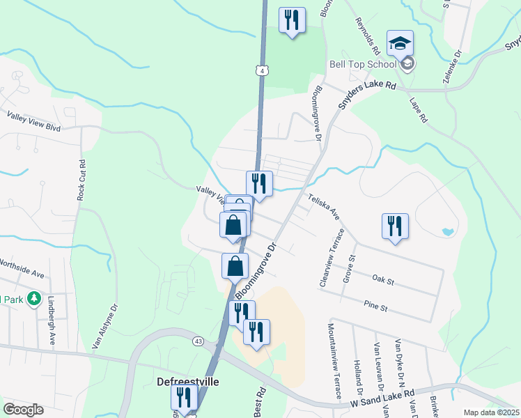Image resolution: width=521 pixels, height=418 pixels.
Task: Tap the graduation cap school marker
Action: click(x=400, y=44)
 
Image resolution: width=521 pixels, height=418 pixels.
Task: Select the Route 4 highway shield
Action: click(x=260, y=71)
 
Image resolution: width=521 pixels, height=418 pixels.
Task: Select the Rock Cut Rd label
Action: click(x=81, y=178)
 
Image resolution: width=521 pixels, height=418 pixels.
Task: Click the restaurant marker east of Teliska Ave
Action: click(x=395, y=226)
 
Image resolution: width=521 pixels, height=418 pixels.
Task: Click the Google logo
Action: click(x=23, y=410)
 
